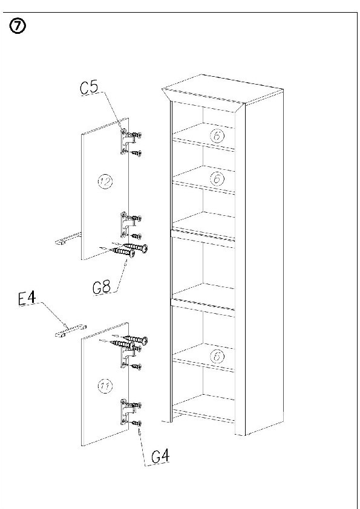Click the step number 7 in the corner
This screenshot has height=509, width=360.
pos(18,27)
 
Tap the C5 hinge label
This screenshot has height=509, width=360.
pos(90,88)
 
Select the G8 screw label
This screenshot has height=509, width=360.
pos(102,287)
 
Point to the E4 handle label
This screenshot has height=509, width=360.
pos(27,299)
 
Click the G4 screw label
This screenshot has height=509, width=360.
pos(160,457)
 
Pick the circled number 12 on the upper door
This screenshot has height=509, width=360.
pos(105,181)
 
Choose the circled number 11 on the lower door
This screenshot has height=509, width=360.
pos(105,386)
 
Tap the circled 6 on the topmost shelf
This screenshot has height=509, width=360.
pos(217,135)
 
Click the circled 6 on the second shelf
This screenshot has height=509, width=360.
pos(217,178)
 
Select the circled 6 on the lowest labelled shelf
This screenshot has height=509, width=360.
pos(217,357)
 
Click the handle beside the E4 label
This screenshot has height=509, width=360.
pos(71,331)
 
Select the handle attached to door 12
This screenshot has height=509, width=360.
pos(68,239)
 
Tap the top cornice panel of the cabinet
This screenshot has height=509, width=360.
pos(222,91)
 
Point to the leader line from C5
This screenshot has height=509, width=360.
pos(113,111)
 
